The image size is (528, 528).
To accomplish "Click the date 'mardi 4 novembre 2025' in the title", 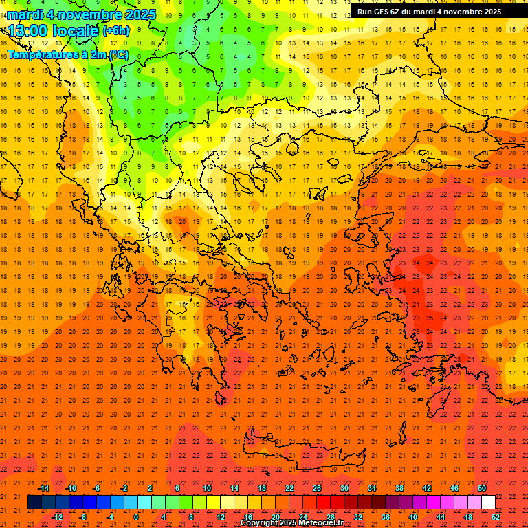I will [x=81, y=14].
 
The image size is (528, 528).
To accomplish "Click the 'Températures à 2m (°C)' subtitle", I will [x=67, y=53].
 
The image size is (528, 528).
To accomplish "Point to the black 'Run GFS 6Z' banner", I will [x=430, y=12].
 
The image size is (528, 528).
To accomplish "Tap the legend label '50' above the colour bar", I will [x=482, y=488].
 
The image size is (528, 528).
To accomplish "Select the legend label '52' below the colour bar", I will [x=496, y=516].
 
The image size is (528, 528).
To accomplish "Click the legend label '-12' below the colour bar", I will [x=57, y=516].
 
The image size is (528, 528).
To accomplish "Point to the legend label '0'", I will [x=136, y=516].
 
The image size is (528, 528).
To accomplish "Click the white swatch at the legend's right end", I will [x=488, y=502].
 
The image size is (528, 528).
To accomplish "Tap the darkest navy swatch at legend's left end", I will [x=34, y=502].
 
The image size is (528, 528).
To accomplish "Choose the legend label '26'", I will [x=317, y=488].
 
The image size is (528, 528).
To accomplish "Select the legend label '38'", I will [x=399, y=488].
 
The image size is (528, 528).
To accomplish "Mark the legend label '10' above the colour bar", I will [x=207, y=488].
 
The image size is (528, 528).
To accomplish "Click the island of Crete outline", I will [x=309, y=456].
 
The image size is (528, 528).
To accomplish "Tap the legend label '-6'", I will [x=97, y=488].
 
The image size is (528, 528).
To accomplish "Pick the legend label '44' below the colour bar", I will [x=441, y=516].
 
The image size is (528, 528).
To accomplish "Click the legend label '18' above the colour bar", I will [x=262, y=488].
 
